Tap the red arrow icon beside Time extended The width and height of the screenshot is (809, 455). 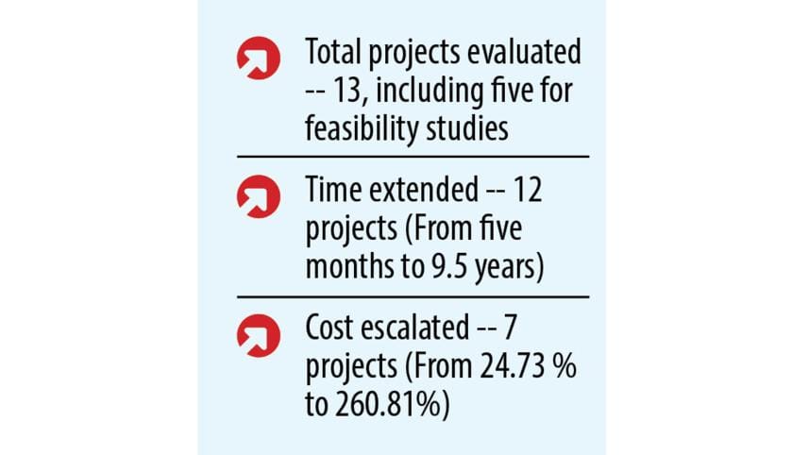point(258,197)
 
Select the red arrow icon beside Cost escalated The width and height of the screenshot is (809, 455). point(258,334)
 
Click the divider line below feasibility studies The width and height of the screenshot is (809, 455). point(413,156)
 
